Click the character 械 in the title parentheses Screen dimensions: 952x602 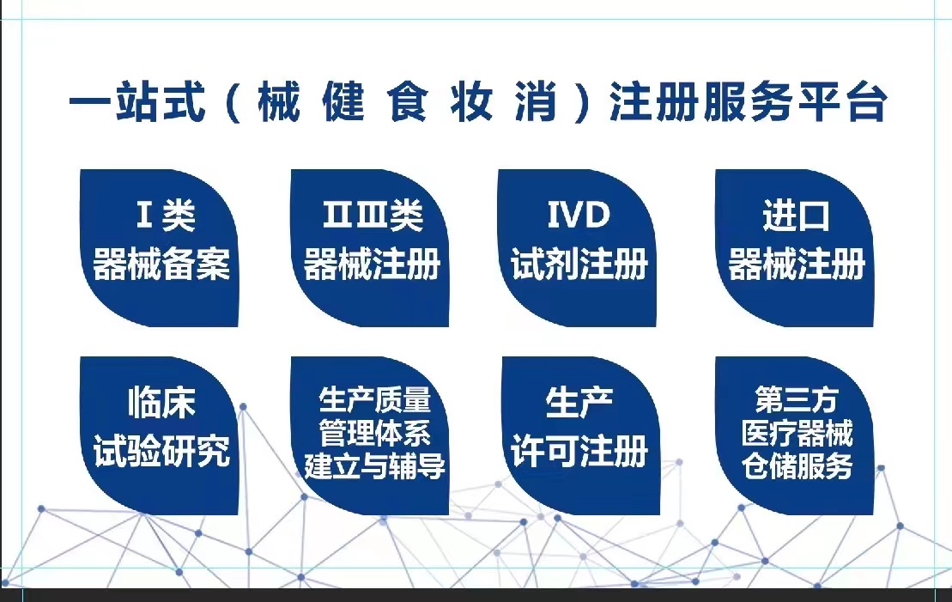click(x=279, y=100)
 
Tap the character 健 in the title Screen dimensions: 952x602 click(x=343, y=100)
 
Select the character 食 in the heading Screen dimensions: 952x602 click(x=408, y=100)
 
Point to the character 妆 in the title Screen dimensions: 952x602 click(x=472, y=100)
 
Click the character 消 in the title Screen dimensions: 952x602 click(x=537, y=100)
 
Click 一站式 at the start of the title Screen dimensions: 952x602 click(x=137, y=100)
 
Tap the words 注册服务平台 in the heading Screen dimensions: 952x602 click(x=749, y=100)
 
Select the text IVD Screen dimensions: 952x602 click(x=579, y=215)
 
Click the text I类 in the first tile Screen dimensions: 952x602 click(x=165, y=215)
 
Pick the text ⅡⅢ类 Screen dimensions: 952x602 click(x=373, y=215)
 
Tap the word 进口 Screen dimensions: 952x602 click(x=796, y=216)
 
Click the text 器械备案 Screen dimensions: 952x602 click(x=161, y=265)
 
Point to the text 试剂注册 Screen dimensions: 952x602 click(x=579, y=265)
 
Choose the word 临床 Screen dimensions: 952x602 click(x=161, y=402)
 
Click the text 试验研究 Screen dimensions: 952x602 click(x=161, y=452)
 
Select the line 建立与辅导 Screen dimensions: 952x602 click(x=374, y=466)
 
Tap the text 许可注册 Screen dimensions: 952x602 click(x=579, y=452)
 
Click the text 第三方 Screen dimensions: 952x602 click(x=797, y=399)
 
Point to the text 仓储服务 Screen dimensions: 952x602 click(x=797, y=466)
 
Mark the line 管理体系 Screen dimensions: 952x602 click(x=374, y=433)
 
